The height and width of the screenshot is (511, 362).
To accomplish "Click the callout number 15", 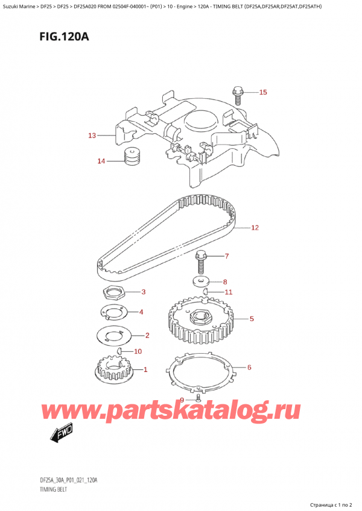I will pyautogui.click(x=262, y=93).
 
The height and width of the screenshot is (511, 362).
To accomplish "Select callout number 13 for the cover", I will pyautogui.click(x=92, y=136).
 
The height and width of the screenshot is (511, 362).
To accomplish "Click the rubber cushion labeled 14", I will pyautogui.click(x=132, y=157).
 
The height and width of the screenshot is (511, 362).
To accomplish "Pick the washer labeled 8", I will pyautogui.click(x=200, y=281).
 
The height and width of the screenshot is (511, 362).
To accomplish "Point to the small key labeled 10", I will pyautogui.click(x=120, y=350).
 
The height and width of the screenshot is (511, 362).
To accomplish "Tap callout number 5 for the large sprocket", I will pyautogui.click(x=251, y=319).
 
